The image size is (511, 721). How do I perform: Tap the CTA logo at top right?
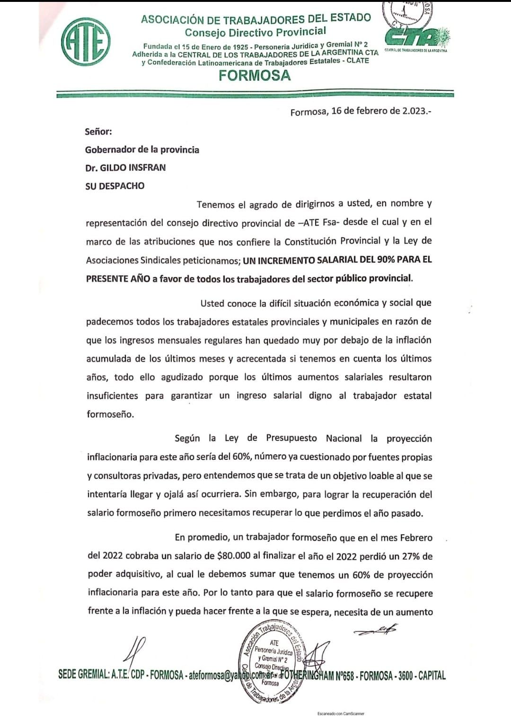pyautogui.click(x=416, y=36)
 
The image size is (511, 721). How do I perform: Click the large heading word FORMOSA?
pyautogui.click(x=255, y=76)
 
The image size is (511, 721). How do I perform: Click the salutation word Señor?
pyautogui.click(x=98, y=132)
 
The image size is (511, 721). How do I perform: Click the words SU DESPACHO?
pyautogui.click(x=115, y=186)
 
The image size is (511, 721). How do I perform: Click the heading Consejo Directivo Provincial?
pyautogui.click(x=255, y=32)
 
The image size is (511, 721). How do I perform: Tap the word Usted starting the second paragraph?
pyautogui.click(x=212, y=303)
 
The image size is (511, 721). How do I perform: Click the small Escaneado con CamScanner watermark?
pyautogui.click(x=341, y=713)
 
